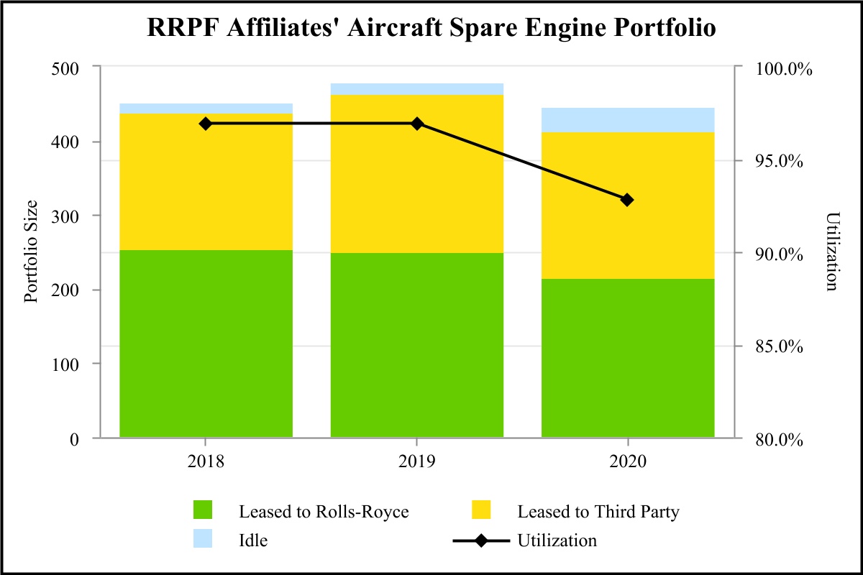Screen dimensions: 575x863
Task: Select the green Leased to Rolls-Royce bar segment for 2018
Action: coord(206,344)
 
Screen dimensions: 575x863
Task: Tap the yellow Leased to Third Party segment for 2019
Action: coord(416,174)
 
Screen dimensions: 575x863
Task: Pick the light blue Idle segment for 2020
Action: coord(627,120)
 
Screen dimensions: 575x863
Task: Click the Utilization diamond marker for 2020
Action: coord(627,200)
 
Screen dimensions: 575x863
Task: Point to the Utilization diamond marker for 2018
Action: coord(206,124)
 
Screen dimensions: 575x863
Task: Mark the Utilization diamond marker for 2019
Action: coord(416,124)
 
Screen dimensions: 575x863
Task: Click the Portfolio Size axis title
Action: coord(32,252)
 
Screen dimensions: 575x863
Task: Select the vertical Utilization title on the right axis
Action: coord(832,252)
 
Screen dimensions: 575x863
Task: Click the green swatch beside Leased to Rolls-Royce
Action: coord(204,511)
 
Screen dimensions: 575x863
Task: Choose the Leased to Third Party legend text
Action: coord(598,512)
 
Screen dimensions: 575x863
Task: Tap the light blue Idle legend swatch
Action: coord(204,540)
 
